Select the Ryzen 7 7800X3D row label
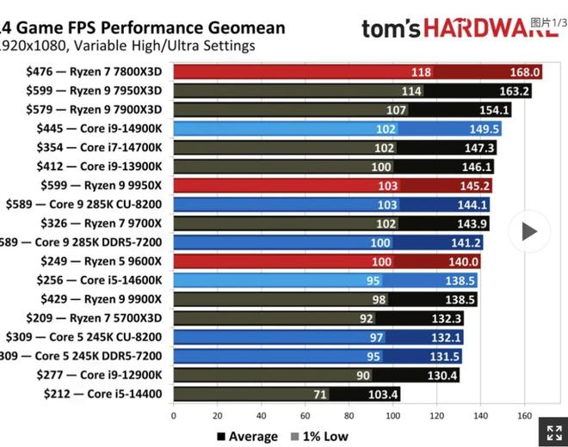click(x=96, y=72)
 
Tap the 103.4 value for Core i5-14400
click(x=384, y=394)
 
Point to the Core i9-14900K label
click(x=102, y=129)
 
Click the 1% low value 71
click(x=319, y=394)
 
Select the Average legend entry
click(x=247, y=437)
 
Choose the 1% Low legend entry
click(x=321, y=437)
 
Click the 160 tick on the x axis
click(x=523, y=417)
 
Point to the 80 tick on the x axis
click(x=349, y=417)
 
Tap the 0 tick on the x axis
click(x=174, y=417)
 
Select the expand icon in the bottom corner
click(x=550, y=432)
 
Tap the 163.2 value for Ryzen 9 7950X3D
click(x=516, y=91)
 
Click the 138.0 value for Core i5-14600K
click(x=462, y=280)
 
